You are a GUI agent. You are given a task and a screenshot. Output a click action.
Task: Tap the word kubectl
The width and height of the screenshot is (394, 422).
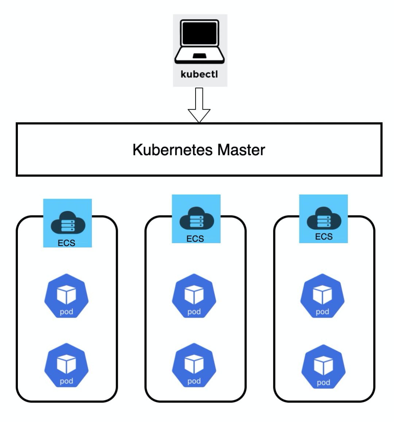(199, 74)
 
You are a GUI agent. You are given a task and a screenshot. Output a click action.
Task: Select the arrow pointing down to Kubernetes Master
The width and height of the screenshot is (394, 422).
(199, 106)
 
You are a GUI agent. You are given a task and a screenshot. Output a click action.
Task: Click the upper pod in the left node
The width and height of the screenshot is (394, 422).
(66, 295)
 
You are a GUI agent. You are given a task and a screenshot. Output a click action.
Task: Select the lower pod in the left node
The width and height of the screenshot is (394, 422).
(66, 365)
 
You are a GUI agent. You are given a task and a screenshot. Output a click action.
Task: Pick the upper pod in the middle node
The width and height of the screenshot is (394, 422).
(194, 295)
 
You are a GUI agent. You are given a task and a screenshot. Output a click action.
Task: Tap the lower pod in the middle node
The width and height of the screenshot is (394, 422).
(194, 365)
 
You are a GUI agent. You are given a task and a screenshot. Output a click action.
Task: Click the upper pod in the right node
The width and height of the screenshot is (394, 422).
(322, 295)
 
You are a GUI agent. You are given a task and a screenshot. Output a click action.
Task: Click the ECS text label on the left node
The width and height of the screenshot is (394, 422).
(66, 243)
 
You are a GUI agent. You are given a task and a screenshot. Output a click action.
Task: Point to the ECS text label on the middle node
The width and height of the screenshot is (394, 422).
(195, 239)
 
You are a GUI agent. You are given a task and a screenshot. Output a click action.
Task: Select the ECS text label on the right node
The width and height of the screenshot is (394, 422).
(324, 237)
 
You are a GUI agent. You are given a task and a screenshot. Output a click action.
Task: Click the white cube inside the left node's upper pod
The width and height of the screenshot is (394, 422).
(66, 294)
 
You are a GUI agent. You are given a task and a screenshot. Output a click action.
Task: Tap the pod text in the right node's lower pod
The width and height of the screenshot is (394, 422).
(323, 382)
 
